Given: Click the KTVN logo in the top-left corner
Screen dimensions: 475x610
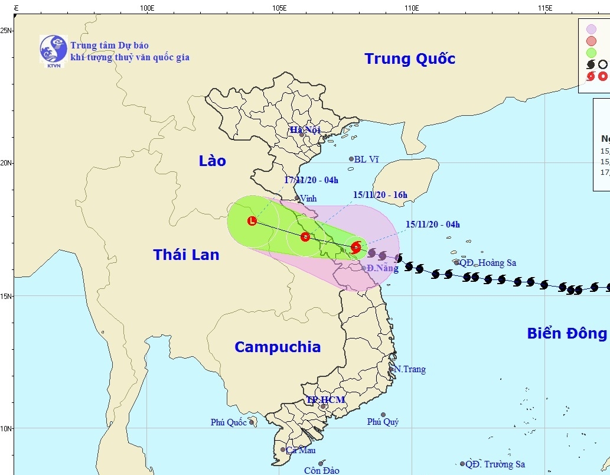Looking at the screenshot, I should tap(53, 49).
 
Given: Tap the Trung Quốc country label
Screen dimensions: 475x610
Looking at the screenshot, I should tap(410, 59).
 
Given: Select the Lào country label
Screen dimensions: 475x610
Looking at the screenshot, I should tap(213, 161).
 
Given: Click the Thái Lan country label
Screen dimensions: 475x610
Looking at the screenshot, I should tap(186, 255).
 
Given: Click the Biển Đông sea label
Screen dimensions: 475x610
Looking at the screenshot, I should tap(566, 334).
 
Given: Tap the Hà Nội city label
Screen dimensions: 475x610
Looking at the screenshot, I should tap(304, 129).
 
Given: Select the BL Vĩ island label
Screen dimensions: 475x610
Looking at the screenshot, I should tap(367, 160).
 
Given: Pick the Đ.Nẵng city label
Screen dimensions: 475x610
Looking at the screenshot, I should tap(382, 268).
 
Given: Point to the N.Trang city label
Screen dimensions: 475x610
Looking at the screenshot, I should tap(410, 369).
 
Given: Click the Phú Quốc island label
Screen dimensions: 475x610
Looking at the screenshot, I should tap(229, 422).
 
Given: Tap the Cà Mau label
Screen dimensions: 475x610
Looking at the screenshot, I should tap(301, 450).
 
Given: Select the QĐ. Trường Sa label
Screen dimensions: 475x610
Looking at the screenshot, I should tap(495, 464).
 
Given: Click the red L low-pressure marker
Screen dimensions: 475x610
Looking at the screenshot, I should tap(252, 222).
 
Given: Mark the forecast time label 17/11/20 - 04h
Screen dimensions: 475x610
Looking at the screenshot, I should tap(311, 180).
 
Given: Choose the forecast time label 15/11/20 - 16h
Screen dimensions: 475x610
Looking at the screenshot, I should tap(380, 195).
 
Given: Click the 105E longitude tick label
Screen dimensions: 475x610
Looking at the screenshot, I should tap(279, 8).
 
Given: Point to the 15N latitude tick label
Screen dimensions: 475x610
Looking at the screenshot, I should tap(7, 295).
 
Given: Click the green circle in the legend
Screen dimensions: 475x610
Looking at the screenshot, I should tap(591, 53).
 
